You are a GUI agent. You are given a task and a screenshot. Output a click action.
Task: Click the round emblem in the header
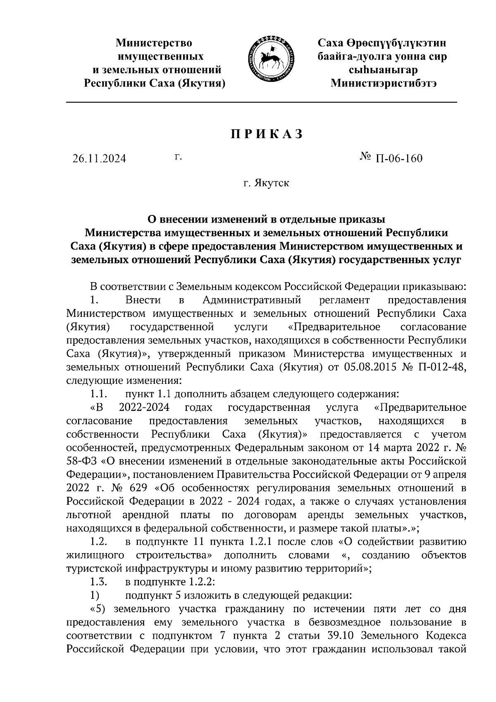[x=271, y=59]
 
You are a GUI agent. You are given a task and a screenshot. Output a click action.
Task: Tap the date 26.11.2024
[x=99, y=159]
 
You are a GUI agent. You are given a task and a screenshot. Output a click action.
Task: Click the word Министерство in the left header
[x=154, y=43]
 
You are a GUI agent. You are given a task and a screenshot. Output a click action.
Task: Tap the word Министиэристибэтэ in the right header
[x=383, y=83]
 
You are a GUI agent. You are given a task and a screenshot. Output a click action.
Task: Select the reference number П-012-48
[x=442, y=367]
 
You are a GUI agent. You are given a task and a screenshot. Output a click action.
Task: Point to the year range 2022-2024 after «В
[x=144, y=407]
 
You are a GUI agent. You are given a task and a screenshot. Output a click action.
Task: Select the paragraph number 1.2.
[x=99, y=541]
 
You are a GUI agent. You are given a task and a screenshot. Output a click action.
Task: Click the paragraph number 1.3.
[x=99, y=582]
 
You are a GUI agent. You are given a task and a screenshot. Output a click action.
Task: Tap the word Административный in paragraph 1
[x=252, y=299]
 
